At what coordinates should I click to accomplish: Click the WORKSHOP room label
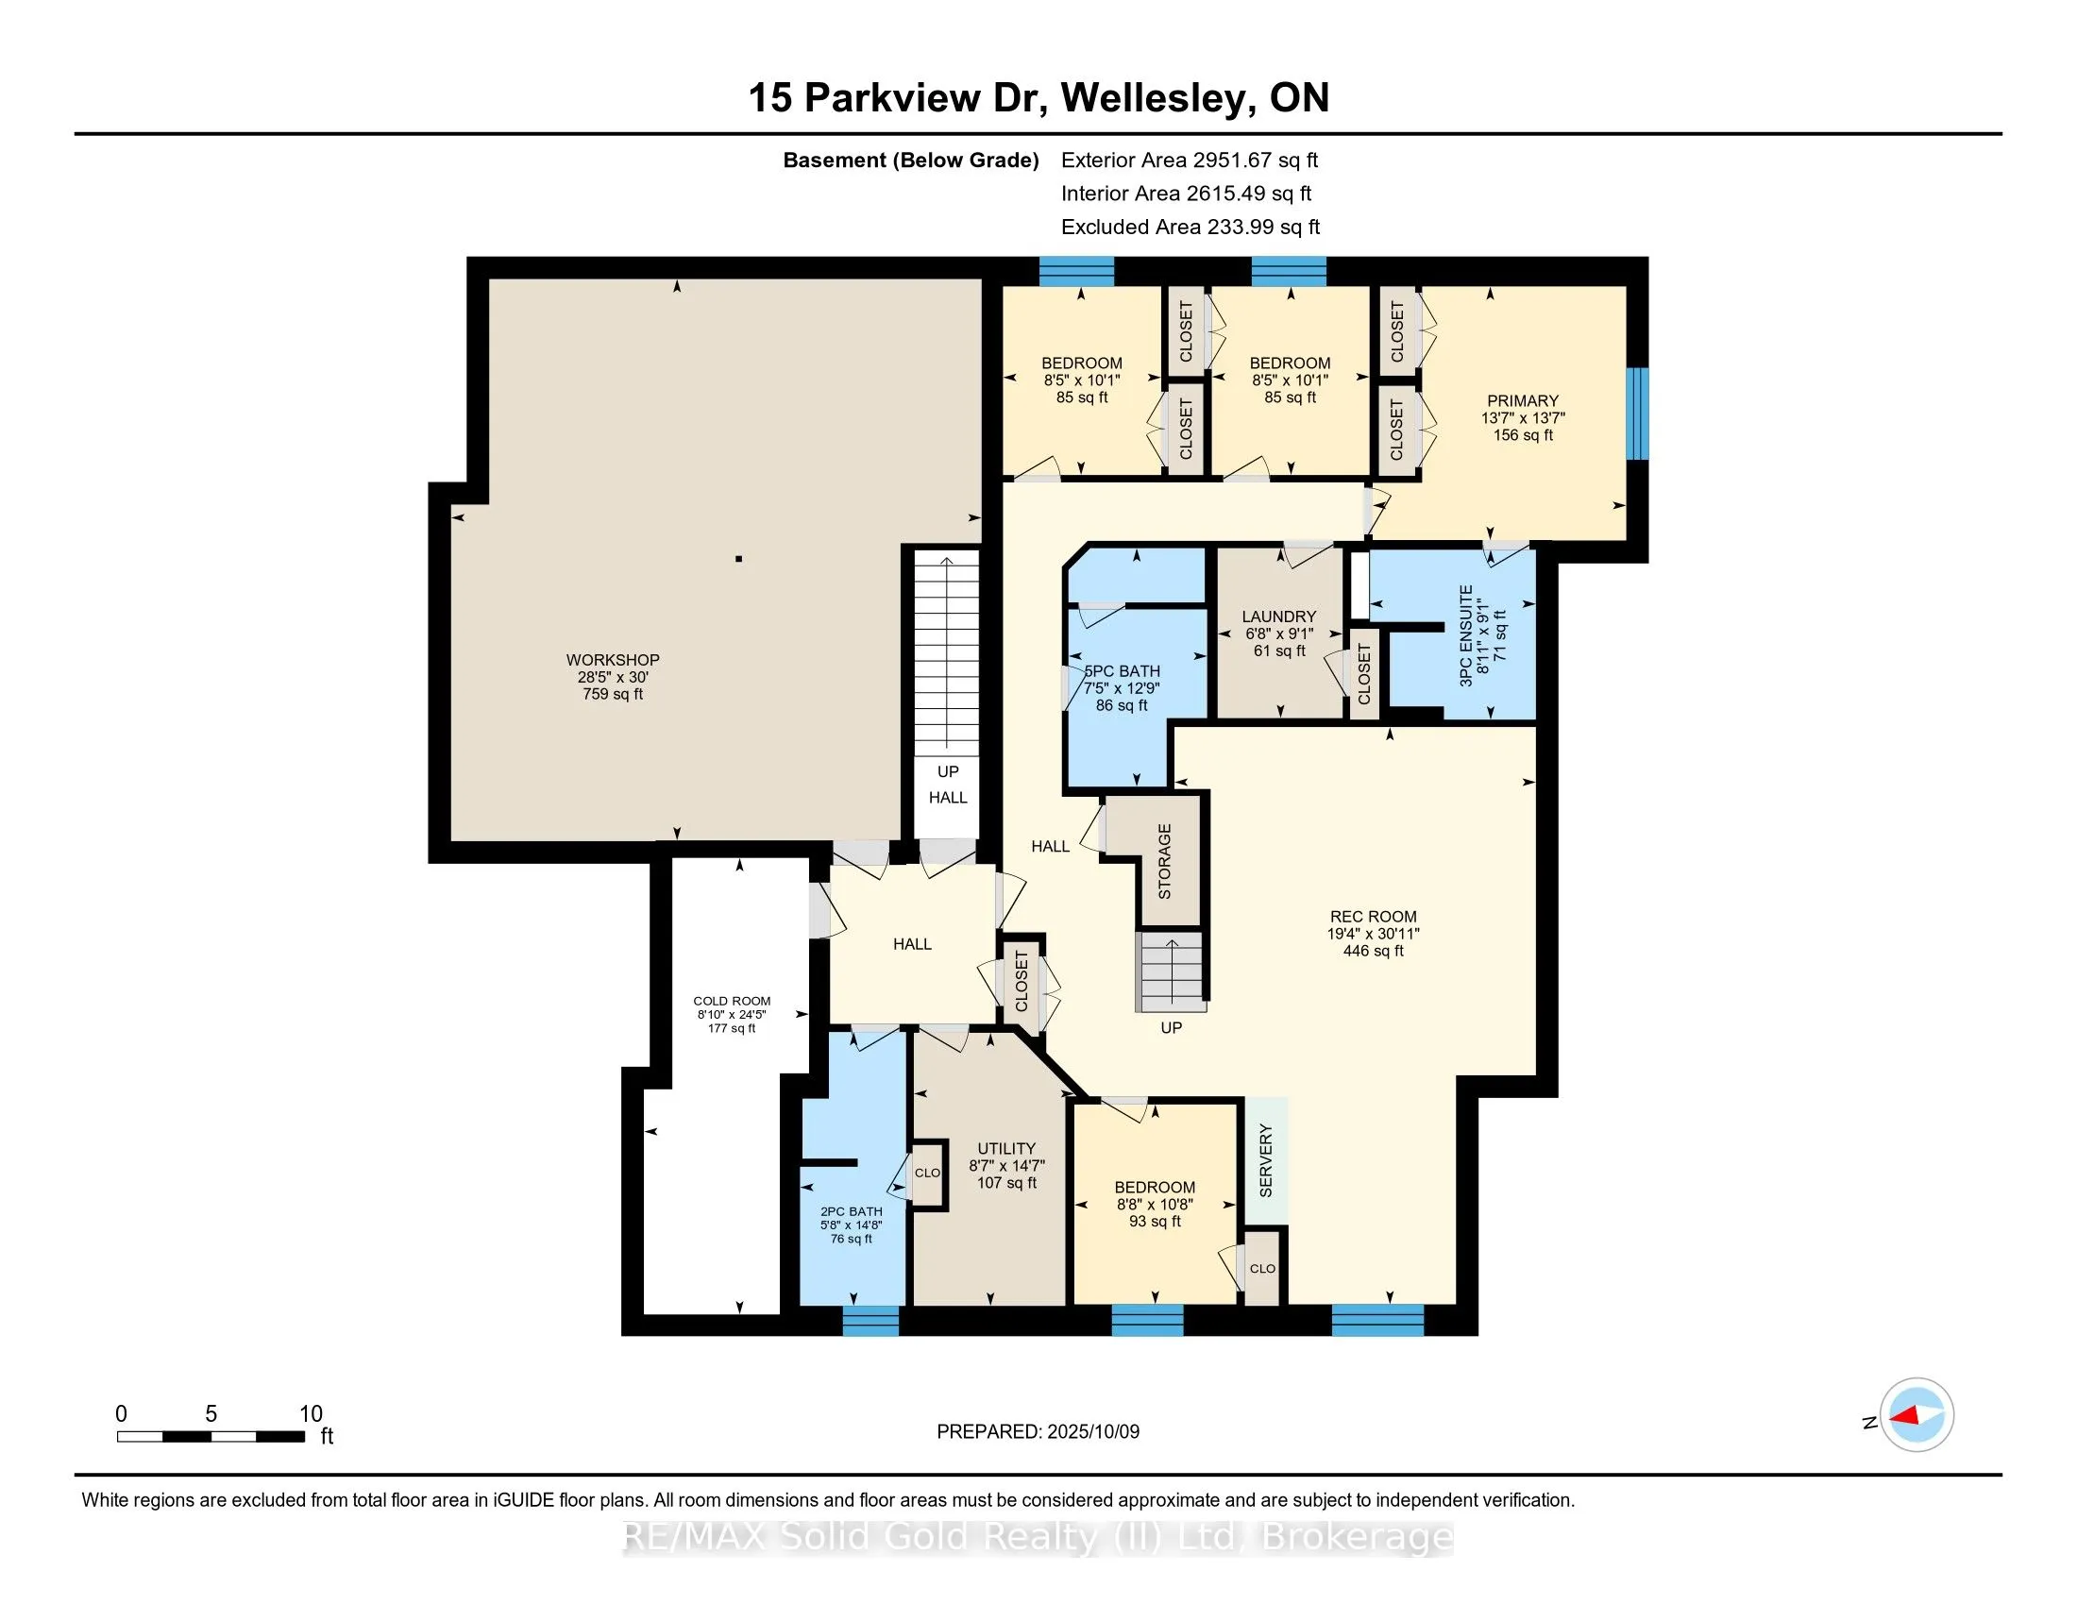tap(613, 660)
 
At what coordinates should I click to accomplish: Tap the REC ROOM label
tap(1374, 917)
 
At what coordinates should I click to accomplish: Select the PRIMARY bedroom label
tap(1523, 401)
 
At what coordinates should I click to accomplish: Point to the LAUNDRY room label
tap(1279, 617)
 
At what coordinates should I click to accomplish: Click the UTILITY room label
tap(1006, 1149)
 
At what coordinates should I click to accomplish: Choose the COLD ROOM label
tap(732, 1001)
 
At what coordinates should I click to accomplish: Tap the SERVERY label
tap(1266, 1160)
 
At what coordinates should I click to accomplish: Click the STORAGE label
tap(1165, 861)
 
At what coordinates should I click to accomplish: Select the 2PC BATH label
tap(852, 1211)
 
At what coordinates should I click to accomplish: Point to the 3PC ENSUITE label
tap(1465, 635)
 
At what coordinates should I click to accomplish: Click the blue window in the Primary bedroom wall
tap(1637, 414)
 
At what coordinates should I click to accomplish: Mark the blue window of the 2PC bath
tap(871, 1321)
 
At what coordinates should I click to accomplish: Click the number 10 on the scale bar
tap(311, 1414)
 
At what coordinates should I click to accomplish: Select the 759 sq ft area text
tap(613, 694)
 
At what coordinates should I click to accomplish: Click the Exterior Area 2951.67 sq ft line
tap(1190, 160)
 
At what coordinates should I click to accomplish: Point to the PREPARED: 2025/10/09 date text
tap(1038, 1432)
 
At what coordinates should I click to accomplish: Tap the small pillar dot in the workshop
tap(739, 559)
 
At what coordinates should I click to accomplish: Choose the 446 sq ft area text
tap(1374, 951)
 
